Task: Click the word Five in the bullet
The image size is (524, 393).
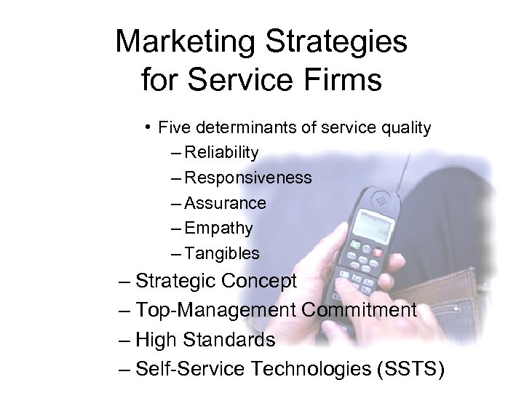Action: (172, 129)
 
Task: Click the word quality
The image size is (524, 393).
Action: (400, 129)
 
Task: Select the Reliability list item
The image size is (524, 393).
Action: (221, 153)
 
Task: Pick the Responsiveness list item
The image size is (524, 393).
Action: (248, 178)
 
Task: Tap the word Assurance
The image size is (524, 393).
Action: (226, 204)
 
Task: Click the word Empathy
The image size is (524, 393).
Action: (219, 229)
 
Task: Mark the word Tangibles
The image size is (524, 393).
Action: (222, 254)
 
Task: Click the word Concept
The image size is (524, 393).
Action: (258, 281)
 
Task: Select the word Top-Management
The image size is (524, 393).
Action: (216, 311)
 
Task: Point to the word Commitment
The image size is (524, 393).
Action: (359, 311)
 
